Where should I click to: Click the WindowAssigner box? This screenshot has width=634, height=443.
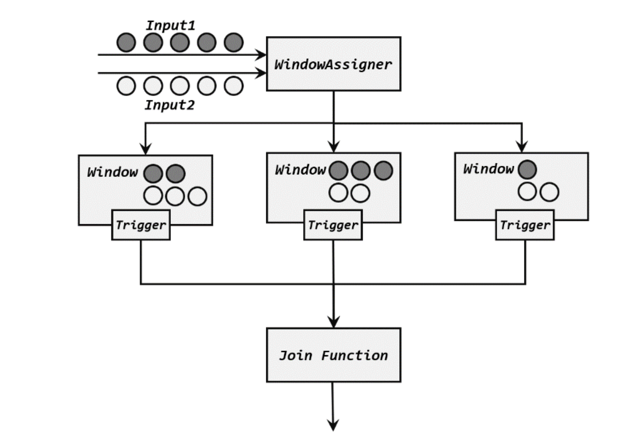(333, 64)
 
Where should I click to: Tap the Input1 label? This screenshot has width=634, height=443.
(170, 26)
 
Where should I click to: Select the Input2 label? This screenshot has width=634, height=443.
(170, 105)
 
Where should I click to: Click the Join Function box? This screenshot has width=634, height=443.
(333, 355)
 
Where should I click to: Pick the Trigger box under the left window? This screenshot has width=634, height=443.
(141, 225)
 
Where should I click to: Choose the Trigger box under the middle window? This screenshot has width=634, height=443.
(333, 225)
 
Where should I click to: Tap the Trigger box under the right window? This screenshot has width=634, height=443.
(525, 225)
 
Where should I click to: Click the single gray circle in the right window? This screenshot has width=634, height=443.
(527, 169)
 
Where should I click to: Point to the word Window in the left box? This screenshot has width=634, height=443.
(113, 172)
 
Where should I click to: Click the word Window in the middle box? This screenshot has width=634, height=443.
(300, 170)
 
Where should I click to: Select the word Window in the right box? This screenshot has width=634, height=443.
(488, 168)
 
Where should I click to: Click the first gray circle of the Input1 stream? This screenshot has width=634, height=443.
(126, 42)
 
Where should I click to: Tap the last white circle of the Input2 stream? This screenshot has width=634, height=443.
(233, 86)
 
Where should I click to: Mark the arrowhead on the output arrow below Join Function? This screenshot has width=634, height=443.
(333, 425)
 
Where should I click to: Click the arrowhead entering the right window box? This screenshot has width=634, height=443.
(521, 147)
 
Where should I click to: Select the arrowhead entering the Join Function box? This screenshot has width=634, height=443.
(333, 322)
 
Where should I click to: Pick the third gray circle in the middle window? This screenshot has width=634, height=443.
(383, 170)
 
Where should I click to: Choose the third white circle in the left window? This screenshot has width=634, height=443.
(197, 196)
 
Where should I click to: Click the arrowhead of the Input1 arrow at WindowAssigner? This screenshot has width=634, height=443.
(260, 55)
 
